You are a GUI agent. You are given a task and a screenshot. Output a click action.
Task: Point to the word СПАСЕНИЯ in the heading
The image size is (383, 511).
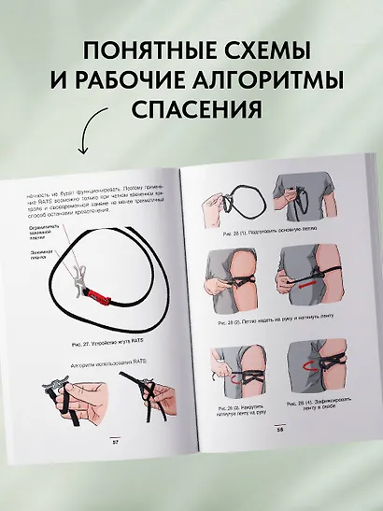point(191,109)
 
